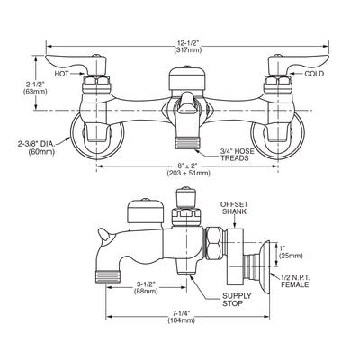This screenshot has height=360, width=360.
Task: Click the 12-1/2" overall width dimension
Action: pos(188,47)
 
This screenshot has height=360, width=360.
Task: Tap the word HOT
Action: pos(61,74)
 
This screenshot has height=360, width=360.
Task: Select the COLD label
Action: pos(314,74)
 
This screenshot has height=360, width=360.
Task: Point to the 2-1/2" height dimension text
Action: pos(35,88)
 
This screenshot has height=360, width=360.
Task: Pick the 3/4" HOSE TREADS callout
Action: pos(238,155)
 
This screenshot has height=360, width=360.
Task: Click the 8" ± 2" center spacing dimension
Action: pos(188,170)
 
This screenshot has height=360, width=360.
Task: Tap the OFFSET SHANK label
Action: pos(234,208)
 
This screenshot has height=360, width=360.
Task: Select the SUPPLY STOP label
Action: pos(237,300)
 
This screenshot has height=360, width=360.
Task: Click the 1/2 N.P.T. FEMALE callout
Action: pos(294,281)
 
